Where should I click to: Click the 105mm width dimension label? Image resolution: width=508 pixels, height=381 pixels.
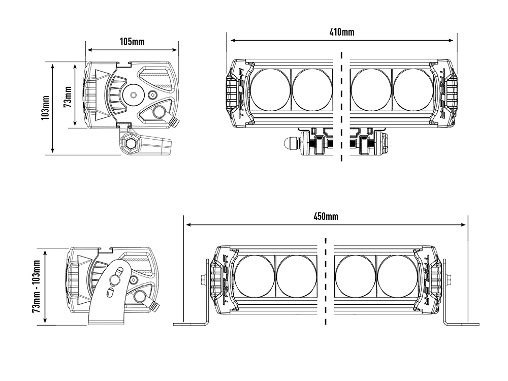[x=132, y=42]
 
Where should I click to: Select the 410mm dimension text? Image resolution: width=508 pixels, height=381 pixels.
[x=342, y=33]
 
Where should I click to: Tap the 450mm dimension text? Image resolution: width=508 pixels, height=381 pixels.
[x=326, y=216]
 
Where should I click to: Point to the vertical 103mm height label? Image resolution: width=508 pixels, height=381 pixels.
[x=46, y=107]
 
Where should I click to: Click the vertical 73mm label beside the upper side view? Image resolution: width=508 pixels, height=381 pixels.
[x=67, y=95]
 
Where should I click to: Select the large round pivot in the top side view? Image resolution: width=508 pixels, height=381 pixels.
[x=134, y=94]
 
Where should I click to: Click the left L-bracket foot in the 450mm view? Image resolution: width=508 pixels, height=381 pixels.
[x=190, y=324]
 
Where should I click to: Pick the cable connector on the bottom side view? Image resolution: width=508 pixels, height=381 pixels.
[x=153, y=306]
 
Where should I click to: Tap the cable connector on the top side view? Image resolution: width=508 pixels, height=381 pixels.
[x=174, y=122]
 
